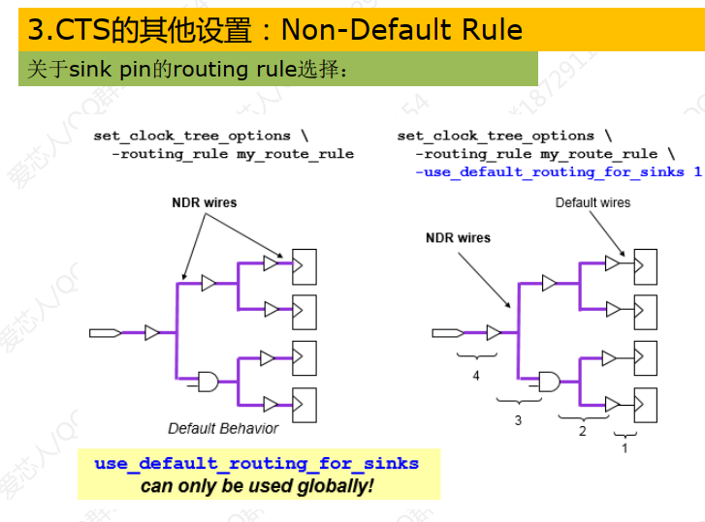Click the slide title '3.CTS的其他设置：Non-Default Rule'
[x=274, y=30]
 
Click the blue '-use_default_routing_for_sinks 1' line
[x=558, y=171]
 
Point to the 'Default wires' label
[x=593, y=202]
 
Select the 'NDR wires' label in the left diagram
[x=205, y=202]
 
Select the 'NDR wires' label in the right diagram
[x=458, y=237]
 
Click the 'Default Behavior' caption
[x=223, y=428]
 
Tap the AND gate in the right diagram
[x=549, y=380]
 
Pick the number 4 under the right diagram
[x=476, y=376]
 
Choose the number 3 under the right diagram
[x=518, y=420]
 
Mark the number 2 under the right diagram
[x=583, y=431]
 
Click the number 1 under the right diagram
[x=625, y=447]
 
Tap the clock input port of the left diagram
[x=105, y=333]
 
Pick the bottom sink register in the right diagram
[x=645, y=403]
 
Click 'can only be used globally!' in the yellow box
[x=257, y=485]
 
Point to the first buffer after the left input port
[x=152, y=333]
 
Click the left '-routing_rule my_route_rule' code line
[x=233, y=153]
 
